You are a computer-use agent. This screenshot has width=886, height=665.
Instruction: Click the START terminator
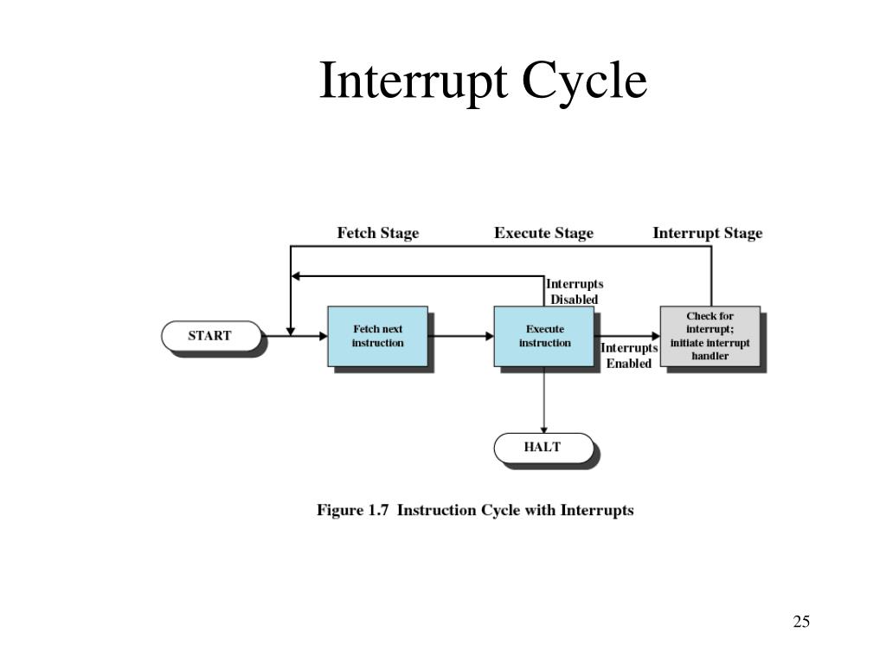(x=210, y=336)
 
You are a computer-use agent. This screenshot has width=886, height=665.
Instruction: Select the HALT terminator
(x=543, y=448)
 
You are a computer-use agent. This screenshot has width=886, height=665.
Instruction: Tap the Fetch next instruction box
(x=377, y=336)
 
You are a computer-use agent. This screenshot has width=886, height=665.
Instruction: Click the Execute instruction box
(x=544, y=336)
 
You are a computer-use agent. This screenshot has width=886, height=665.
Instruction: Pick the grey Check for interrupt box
(x=709, y=336)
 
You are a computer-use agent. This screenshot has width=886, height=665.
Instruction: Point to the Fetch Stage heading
(x=377, y=233)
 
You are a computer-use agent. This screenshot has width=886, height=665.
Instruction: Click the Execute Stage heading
(x=543, y=233)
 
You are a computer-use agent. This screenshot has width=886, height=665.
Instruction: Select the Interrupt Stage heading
(x=707, y=233)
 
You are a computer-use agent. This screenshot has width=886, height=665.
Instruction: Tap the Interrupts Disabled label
(x=575, y=292)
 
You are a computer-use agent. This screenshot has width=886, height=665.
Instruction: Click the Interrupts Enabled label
(x=629, y=356)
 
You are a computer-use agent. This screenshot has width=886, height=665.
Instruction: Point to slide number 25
(x=800, y=622)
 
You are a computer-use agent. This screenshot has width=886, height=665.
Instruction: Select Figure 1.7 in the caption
(x=351, y=510)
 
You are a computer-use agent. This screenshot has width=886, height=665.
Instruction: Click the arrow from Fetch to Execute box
(x=460, y=336)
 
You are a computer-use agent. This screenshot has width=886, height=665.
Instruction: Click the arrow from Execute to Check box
(x=628, y=336)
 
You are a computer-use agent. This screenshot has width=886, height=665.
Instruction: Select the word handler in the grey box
(x=709, y=356)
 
